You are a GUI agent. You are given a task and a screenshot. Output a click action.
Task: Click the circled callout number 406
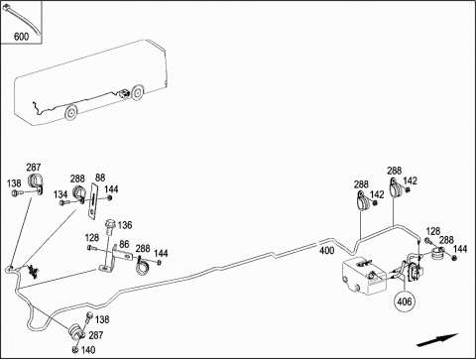[405, 301]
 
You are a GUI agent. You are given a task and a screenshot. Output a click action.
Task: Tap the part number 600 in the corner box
[21, 36]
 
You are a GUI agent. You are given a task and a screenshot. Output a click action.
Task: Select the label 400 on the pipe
[326, 251]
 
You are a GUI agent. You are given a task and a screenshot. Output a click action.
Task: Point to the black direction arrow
[437, 340]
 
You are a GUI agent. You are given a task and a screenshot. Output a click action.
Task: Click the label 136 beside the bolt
[125, 225]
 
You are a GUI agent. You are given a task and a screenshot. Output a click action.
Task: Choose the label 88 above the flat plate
[100, 178]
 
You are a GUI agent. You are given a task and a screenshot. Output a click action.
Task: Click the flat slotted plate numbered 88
[92, 200]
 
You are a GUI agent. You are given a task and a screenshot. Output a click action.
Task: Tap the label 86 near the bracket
[124, 244]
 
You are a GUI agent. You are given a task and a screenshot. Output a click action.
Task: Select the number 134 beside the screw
[60, 194]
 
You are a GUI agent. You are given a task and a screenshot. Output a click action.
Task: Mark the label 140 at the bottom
[88, 350]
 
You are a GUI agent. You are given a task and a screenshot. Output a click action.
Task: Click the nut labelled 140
[75, 349]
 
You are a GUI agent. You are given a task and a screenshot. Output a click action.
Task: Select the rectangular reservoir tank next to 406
[364, 276]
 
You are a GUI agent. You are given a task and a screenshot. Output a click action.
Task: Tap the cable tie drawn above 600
[21, 19]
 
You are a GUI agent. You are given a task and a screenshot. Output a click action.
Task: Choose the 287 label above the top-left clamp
[34, 168]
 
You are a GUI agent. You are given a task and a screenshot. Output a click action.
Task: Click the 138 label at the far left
[14, 183]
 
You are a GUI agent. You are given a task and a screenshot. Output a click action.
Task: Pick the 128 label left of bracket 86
[92, 238]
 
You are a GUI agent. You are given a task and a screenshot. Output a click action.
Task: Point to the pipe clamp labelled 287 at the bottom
[76, 331]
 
